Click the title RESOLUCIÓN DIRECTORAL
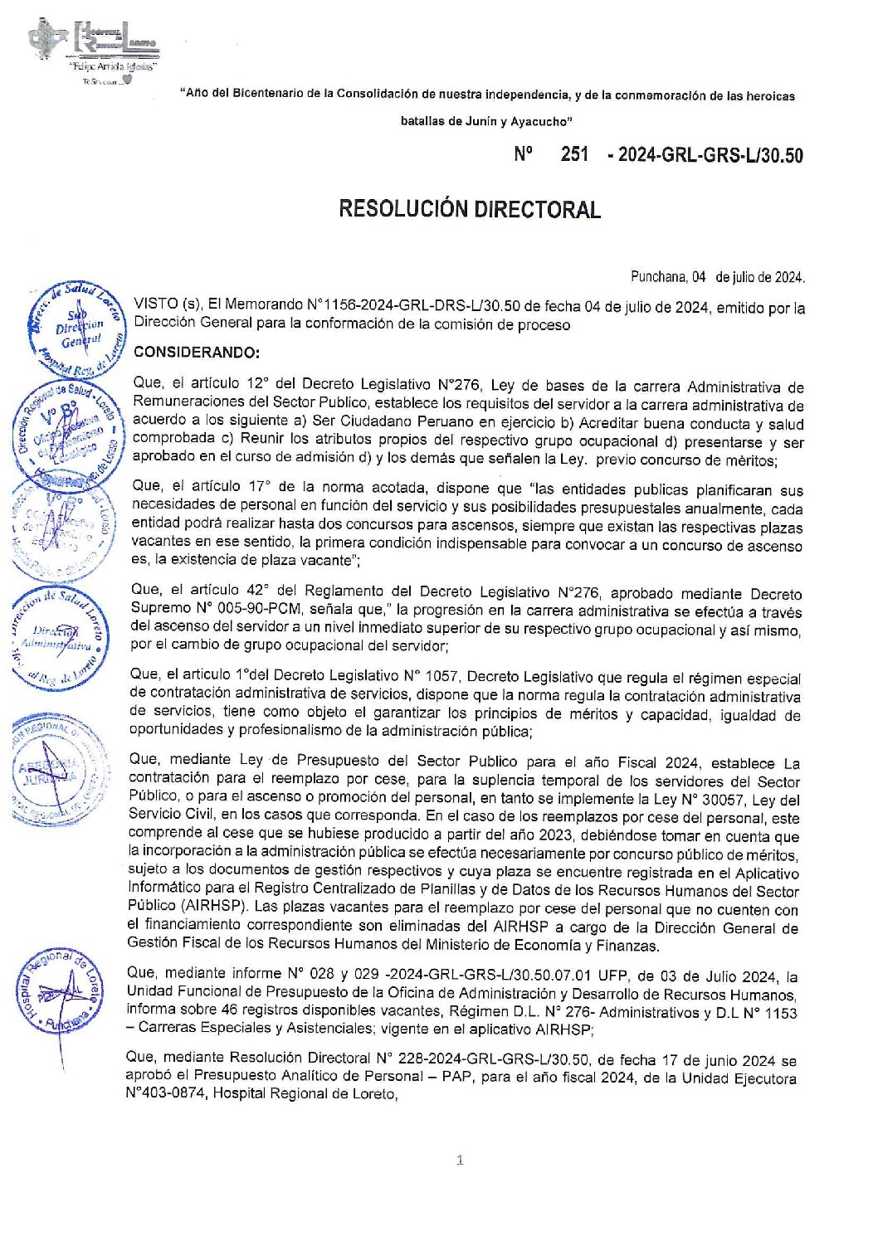pos(469,209)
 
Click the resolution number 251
pos(574,154)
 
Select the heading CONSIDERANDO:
pos(196,353)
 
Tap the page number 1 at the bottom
pos(460,1160)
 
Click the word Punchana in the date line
pos(658,277)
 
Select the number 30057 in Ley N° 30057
pos(711,800)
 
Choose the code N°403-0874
pos(166,1093)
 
